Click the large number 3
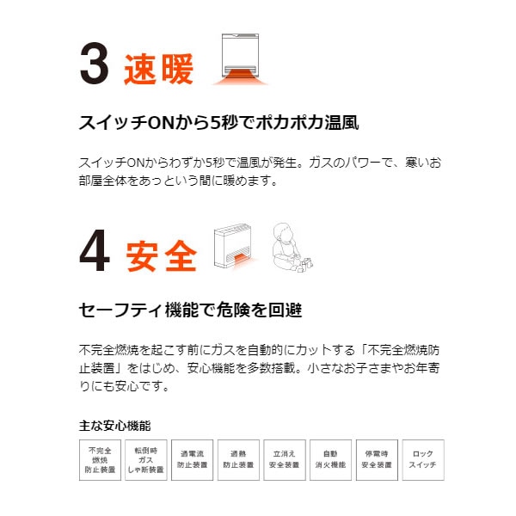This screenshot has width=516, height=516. coord(95,63)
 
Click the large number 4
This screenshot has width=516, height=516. coord(95,250)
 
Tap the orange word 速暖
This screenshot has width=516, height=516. coord(158,69)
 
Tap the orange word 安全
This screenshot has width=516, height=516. coord(162,256)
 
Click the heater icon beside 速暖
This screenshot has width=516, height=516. coord(240,59)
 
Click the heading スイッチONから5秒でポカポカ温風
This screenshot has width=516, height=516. coord(218,122)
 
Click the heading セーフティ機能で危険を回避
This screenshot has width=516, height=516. coord(190,310)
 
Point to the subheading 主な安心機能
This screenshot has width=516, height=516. coord(115,426)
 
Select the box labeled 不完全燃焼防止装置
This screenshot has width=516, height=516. coord(100,460)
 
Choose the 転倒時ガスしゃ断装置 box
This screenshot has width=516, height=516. coord(146,460)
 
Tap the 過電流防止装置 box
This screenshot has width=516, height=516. coord(192,460)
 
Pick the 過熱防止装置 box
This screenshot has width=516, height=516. coord(238,460)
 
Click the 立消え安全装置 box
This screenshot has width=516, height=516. coord(285,460)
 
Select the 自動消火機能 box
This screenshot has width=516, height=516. coord(331,460)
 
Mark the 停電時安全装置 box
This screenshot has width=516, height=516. coord(377,460)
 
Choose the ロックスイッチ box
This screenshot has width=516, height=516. coord(423,460)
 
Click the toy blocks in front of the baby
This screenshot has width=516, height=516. coord(304,265)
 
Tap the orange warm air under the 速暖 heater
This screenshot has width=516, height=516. coord(240,77)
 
